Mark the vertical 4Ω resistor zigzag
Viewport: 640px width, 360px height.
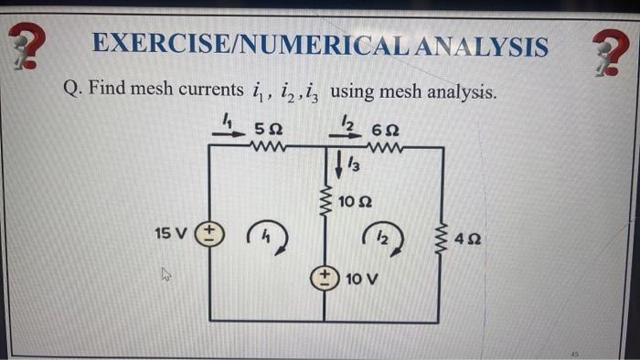[443, 238]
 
